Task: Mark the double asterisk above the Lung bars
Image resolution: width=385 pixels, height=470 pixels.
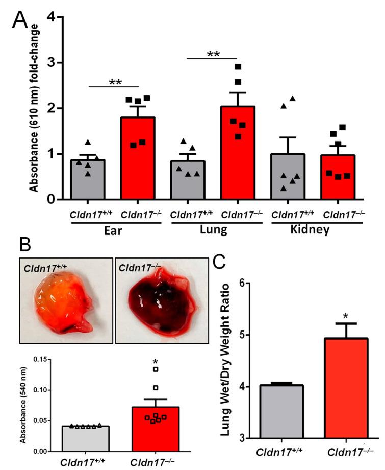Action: [x=214, y=54]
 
